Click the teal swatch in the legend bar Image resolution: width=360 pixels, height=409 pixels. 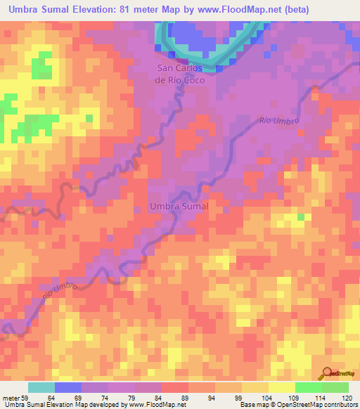[41, 387]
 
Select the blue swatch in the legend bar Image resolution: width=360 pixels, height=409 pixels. [68, 387]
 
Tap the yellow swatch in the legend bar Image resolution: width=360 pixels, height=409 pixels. [282, 387]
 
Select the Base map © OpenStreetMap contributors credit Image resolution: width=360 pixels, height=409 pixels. [296, 405]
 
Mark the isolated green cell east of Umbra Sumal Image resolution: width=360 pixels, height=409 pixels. [301, 216]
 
